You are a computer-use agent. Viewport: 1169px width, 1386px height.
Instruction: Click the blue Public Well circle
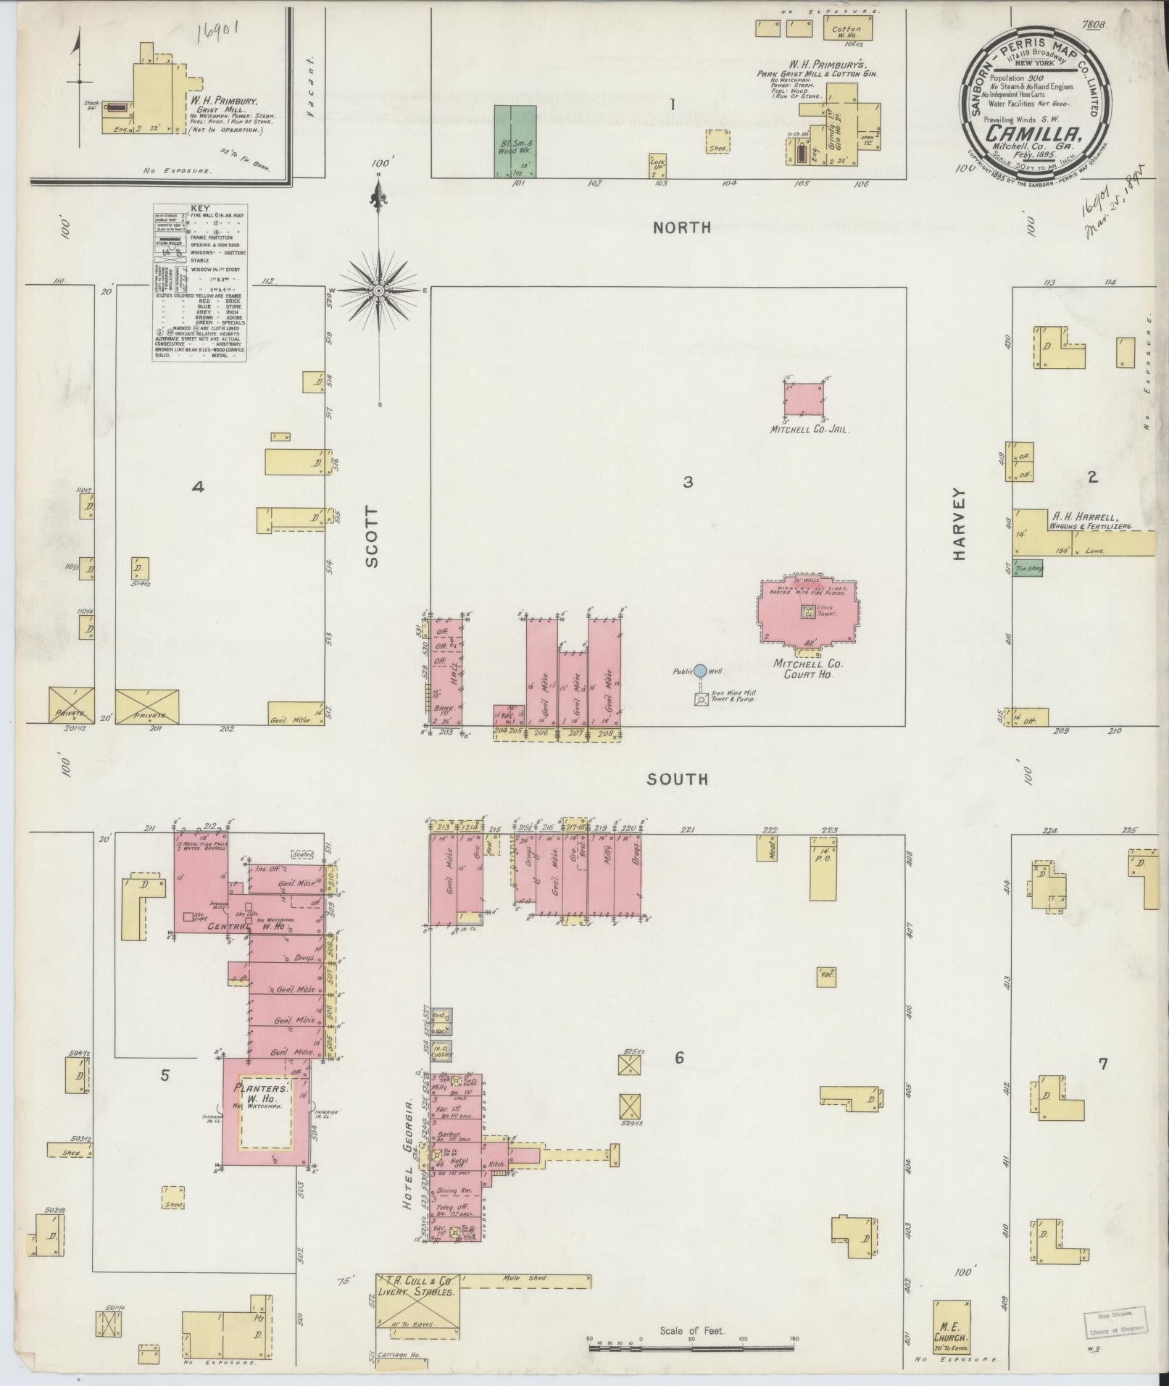tap(700, 671)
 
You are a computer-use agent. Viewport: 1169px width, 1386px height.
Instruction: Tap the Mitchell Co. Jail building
tap(805, 399)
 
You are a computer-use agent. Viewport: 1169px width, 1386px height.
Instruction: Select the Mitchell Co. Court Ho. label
tap(804, 668)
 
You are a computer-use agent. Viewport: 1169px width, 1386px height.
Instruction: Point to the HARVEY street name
tap(960, 523)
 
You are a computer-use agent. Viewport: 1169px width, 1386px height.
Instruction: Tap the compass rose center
tap(378, 291)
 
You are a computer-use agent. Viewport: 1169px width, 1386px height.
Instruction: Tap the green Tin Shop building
tap(1028, 569)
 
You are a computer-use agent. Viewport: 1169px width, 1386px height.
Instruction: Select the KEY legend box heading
tap(199, 206)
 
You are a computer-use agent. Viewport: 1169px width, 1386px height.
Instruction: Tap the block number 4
tap(197, 487)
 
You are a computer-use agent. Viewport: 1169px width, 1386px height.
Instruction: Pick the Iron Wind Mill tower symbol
tap(701, 700)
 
